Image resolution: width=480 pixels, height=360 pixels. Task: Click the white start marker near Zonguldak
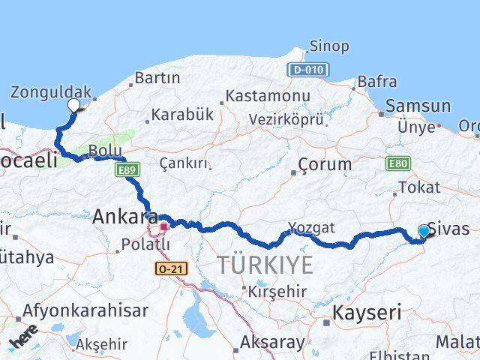pyautogui.click(x=73, y=105)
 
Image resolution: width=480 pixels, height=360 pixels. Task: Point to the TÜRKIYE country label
pyautogui.click(x=265, y=264)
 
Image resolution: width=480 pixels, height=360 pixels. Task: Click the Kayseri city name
pyautogui.click(x=367, y=311)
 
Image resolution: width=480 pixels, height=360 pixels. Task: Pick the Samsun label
pyautogui.click(x=420, y=106)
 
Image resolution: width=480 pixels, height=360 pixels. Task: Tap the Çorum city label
pyautogui.click(x=324, y=163)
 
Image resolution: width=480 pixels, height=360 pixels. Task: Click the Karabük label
pyautogui.click(x=182, y=115)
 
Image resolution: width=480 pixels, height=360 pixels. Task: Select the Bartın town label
pyautogui.click(x=157, y=78)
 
